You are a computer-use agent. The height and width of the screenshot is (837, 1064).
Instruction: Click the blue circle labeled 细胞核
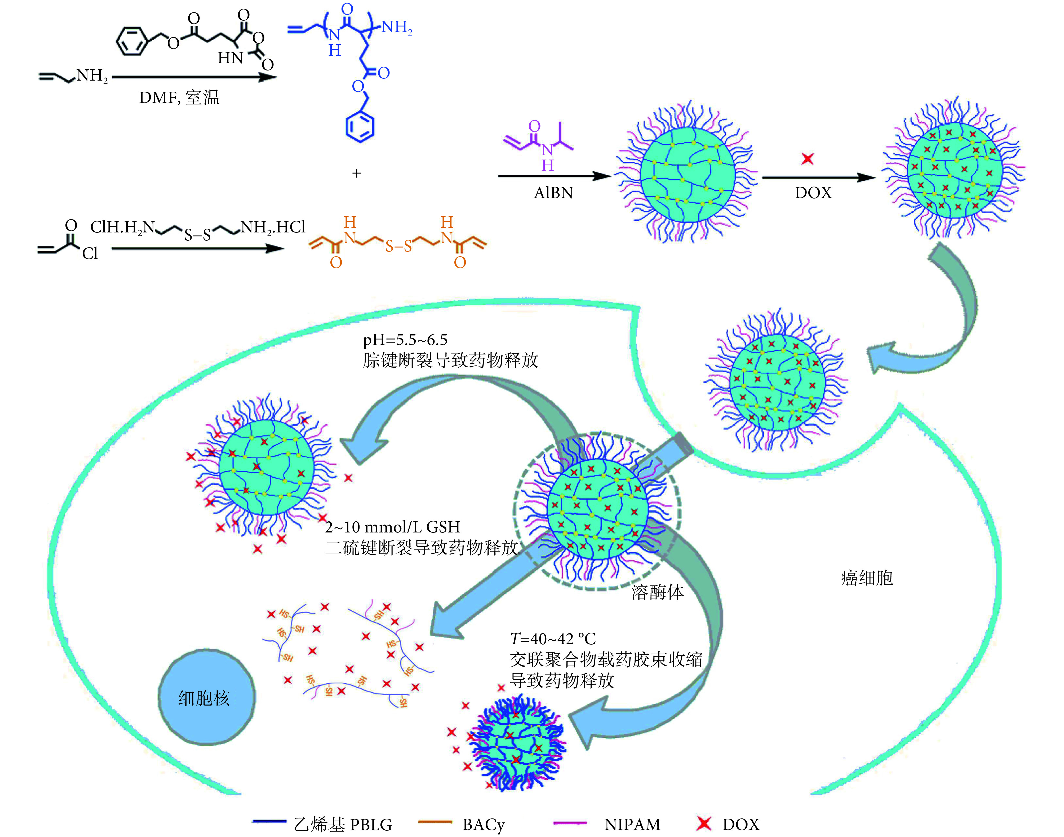[x=206, y=697]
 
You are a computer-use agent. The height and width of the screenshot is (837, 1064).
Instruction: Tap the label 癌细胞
[x=867, y=578]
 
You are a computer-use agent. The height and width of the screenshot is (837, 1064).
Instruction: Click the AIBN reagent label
[x=553, y=193]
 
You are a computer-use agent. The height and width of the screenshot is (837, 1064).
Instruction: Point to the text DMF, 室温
[x=179, y=98]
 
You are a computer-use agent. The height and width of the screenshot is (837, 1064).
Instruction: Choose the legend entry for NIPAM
[x=632, y=824]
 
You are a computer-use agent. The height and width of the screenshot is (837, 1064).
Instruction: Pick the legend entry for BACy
[x=483, y=824]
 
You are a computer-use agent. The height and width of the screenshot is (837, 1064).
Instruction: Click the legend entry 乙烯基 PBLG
[x=343, y=824]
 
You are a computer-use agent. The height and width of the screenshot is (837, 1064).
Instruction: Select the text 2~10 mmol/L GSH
[x=392, y=527]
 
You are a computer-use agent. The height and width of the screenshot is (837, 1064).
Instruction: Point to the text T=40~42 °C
[x=553, y=638]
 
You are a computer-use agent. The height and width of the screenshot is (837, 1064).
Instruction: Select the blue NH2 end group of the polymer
[x=397, y=27]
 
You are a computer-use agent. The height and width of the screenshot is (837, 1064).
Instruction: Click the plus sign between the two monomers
[x=357, y=173]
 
